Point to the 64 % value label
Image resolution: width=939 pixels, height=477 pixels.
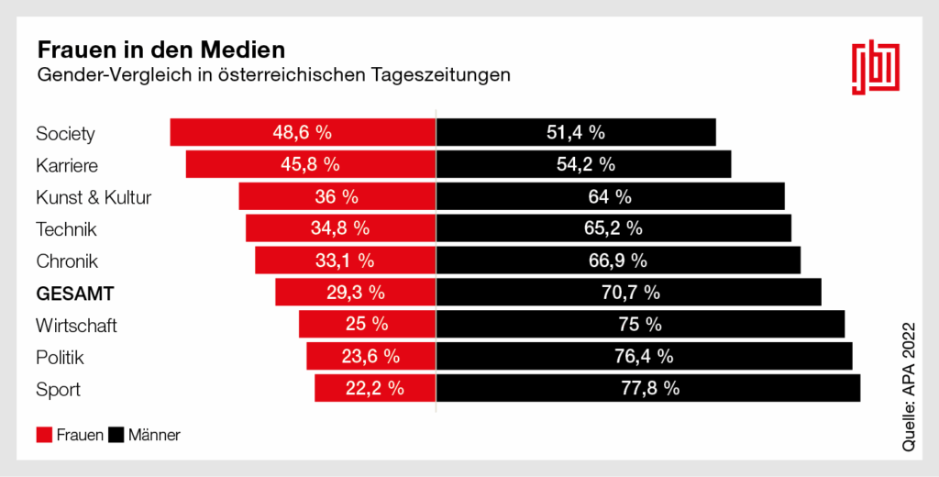click(x=610, y=196)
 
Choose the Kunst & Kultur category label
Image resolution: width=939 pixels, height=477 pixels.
click(x=94, y=197)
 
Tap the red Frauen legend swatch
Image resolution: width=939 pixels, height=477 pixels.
click(x=44, y=435)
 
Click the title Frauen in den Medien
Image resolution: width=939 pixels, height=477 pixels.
click(x=160, y=47)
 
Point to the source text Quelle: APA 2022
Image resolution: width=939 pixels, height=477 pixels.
click(x=910, y=386)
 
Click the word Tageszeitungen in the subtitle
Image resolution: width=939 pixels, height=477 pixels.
click(x=440, y=74)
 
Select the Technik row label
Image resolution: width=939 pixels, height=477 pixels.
click(x=66, y=229)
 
